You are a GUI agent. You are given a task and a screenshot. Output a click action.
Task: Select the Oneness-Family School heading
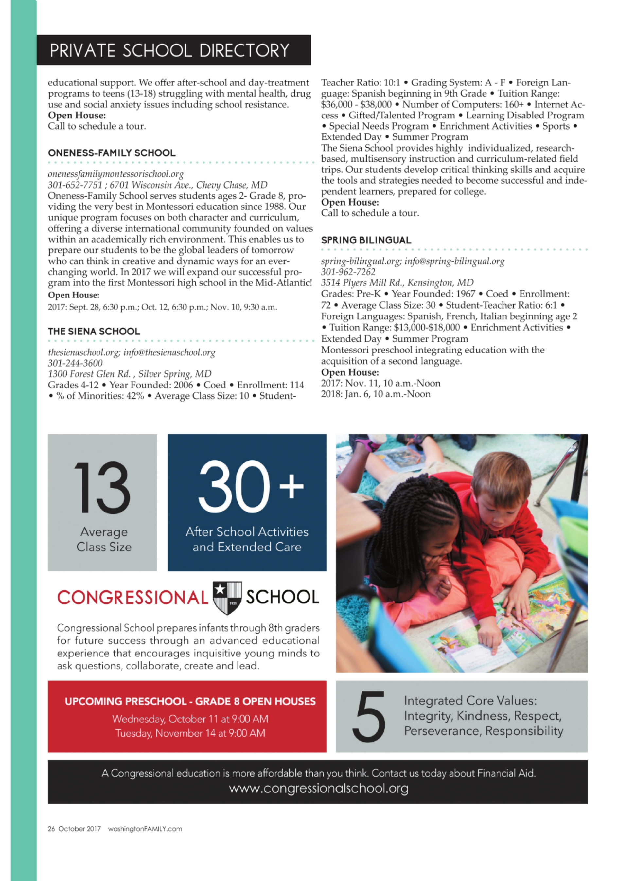(112, 153)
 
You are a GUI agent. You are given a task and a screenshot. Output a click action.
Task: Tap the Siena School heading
(94, 331)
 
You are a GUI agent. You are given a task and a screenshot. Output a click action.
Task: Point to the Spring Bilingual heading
(366, 240)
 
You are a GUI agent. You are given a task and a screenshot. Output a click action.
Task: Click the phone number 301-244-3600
(75, 363)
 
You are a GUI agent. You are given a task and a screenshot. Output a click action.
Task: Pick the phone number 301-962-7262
(348, 272)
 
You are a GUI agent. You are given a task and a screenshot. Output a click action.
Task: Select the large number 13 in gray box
(102, 488)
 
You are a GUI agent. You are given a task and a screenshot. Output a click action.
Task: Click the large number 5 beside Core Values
(368, 717)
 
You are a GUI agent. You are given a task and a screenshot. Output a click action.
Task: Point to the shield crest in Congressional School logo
(227, 597)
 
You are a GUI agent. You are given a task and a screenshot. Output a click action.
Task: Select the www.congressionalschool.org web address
(318, 789)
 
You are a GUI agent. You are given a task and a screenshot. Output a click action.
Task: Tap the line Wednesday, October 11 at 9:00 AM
(190, 719)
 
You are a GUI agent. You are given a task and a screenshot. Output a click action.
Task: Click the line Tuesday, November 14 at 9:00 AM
(190, 733)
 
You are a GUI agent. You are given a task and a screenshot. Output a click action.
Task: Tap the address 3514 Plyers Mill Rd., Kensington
(397, 283)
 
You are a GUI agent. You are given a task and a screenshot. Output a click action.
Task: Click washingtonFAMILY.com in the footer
(145, 829)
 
